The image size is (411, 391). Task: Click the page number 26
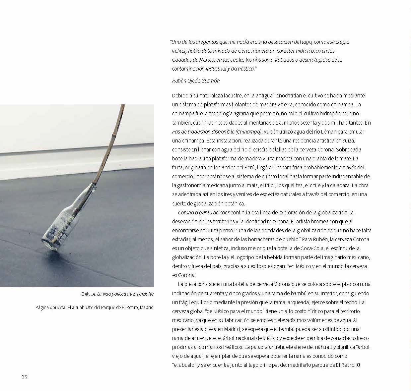[25, 377]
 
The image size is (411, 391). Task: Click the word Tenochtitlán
[288, 95]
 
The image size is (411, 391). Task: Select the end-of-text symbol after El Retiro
[358, 365]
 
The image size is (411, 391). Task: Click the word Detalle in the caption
[88, 294]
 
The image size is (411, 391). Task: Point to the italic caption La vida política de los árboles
[125, 294]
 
